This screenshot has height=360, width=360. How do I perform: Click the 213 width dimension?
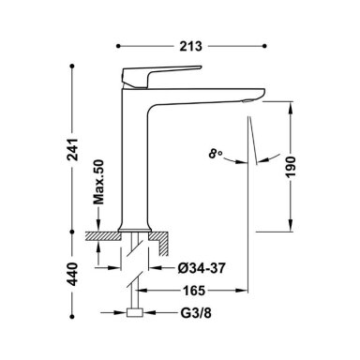[191, 46]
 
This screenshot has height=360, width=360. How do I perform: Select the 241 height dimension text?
[73, 149]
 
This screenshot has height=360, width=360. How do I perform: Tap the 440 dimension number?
[73, 275]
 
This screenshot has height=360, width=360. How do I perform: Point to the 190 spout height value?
[291, 167]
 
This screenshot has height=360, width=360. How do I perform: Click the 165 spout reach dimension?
[194, 291]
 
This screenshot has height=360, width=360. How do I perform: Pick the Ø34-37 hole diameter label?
[202, 268]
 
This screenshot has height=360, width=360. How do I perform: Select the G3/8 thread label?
[196, 313]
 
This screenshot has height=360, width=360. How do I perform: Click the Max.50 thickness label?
[98, 182]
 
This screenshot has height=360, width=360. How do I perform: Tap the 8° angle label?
[216, 154]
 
